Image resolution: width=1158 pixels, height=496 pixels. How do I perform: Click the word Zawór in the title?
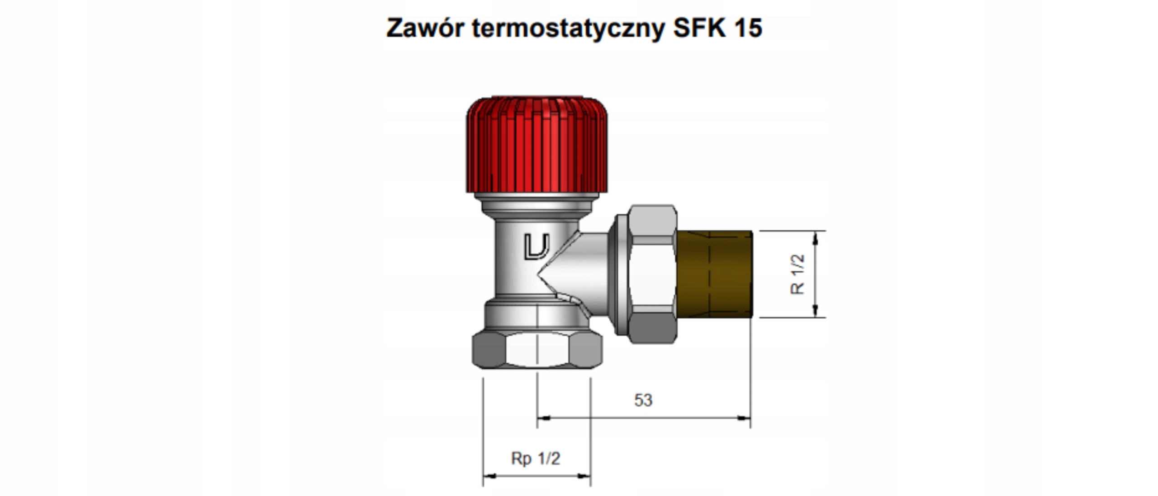coord(425,28)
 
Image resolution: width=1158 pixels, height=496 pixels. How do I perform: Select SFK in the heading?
coord(699,28)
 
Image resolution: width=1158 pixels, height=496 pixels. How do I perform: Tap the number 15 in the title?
coord(748,28)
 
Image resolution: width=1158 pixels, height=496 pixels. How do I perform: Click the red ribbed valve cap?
coord(537,145)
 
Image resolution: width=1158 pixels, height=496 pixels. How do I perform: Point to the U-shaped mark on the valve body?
coord(536,247)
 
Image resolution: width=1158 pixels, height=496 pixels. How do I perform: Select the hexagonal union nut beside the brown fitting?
coord(653,274)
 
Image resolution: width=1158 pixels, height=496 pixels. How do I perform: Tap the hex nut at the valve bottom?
coord(537,350)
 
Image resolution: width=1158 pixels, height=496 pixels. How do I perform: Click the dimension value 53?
coord(643,400)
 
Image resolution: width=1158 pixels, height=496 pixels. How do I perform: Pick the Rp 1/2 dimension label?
coord(536,458)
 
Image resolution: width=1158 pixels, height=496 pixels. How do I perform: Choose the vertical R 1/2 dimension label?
coord(797,274)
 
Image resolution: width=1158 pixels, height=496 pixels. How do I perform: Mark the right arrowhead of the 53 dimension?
coord(744,418)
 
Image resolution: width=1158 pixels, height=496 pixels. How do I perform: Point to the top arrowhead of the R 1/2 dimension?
coord(815,238)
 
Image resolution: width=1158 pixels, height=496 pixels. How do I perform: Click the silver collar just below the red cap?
coord(537,203)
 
